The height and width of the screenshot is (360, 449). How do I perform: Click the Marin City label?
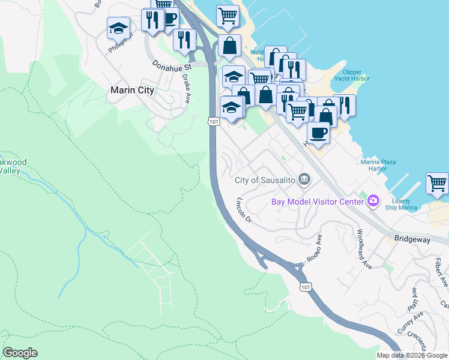click(133, 91)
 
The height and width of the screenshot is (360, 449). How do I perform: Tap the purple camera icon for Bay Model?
click(373, 201)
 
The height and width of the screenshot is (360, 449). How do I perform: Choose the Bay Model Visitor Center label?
click(318, 202)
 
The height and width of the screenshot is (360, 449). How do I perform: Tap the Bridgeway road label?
click(413, 238)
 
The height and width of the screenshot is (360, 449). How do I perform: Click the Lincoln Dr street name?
click(244, 210)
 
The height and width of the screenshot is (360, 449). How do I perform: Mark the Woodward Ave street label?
click(364, 248)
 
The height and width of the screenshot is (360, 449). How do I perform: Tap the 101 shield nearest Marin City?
click(214, 122)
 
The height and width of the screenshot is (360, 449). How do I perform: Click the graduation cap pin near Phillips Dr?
click(118, 27)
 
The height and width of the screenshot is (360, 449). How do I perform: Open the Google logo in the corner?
click(20, 353)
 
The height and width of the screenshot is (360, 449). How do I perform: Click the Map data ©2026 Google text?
click(411, 355)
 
